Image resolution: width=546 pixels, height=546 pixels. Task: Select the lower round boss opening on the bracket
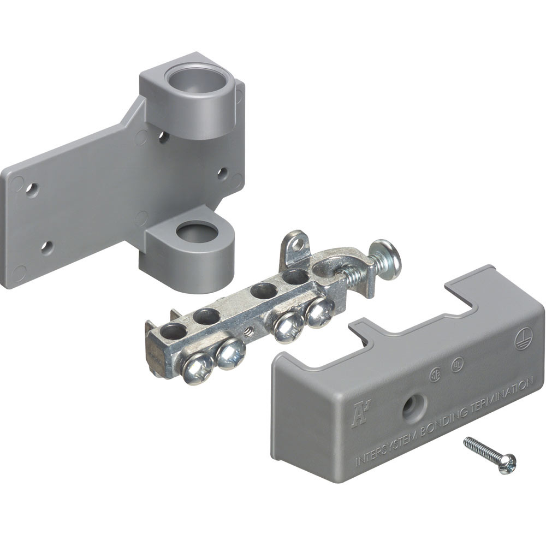(197, 233)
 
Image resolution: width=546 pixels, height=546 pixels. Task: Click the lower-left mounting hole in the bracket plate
(47, 248)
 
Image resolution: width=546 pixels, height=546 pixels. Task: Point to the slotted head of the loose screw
(508, 464)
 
